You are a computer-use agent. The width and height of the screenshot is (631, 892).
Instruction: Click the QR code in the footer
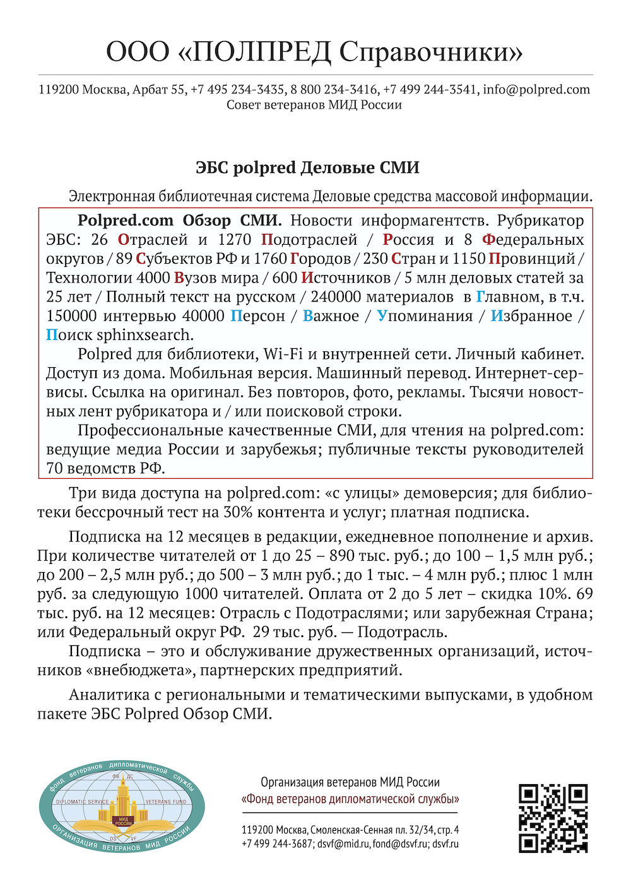point(553,818)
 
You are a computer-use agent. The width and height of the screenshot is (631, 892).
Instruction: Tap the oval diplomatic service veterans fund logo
point(122,806)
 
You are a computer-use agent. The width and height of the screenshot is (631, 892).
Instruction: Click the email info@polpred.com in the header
point(536,90)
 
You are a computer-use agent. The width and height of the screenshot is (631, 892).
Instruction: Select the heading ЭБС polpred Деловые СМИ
point(307,168)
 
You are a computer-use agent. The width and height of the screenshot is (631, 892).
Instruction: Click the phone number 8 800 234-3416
point(334,90)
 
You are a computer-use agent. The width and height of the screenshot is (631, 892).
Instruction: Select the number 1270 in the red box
point(234,240)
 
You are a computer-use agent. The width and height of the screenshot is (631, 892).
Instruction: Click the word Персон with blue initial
point(257,316)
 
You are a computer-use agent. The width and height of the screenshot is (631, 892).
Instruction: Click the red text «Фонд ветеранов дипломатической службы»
point(350,799)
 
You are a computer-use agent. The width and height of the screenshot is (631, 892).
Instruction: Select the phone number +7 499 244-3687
point(277,843)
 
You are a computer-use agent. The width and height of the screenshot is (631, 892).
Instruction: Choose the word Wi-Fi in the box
point(283,354)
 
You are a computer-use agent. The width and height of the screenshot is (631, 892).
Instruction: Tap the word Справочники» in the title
point(431,52)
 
